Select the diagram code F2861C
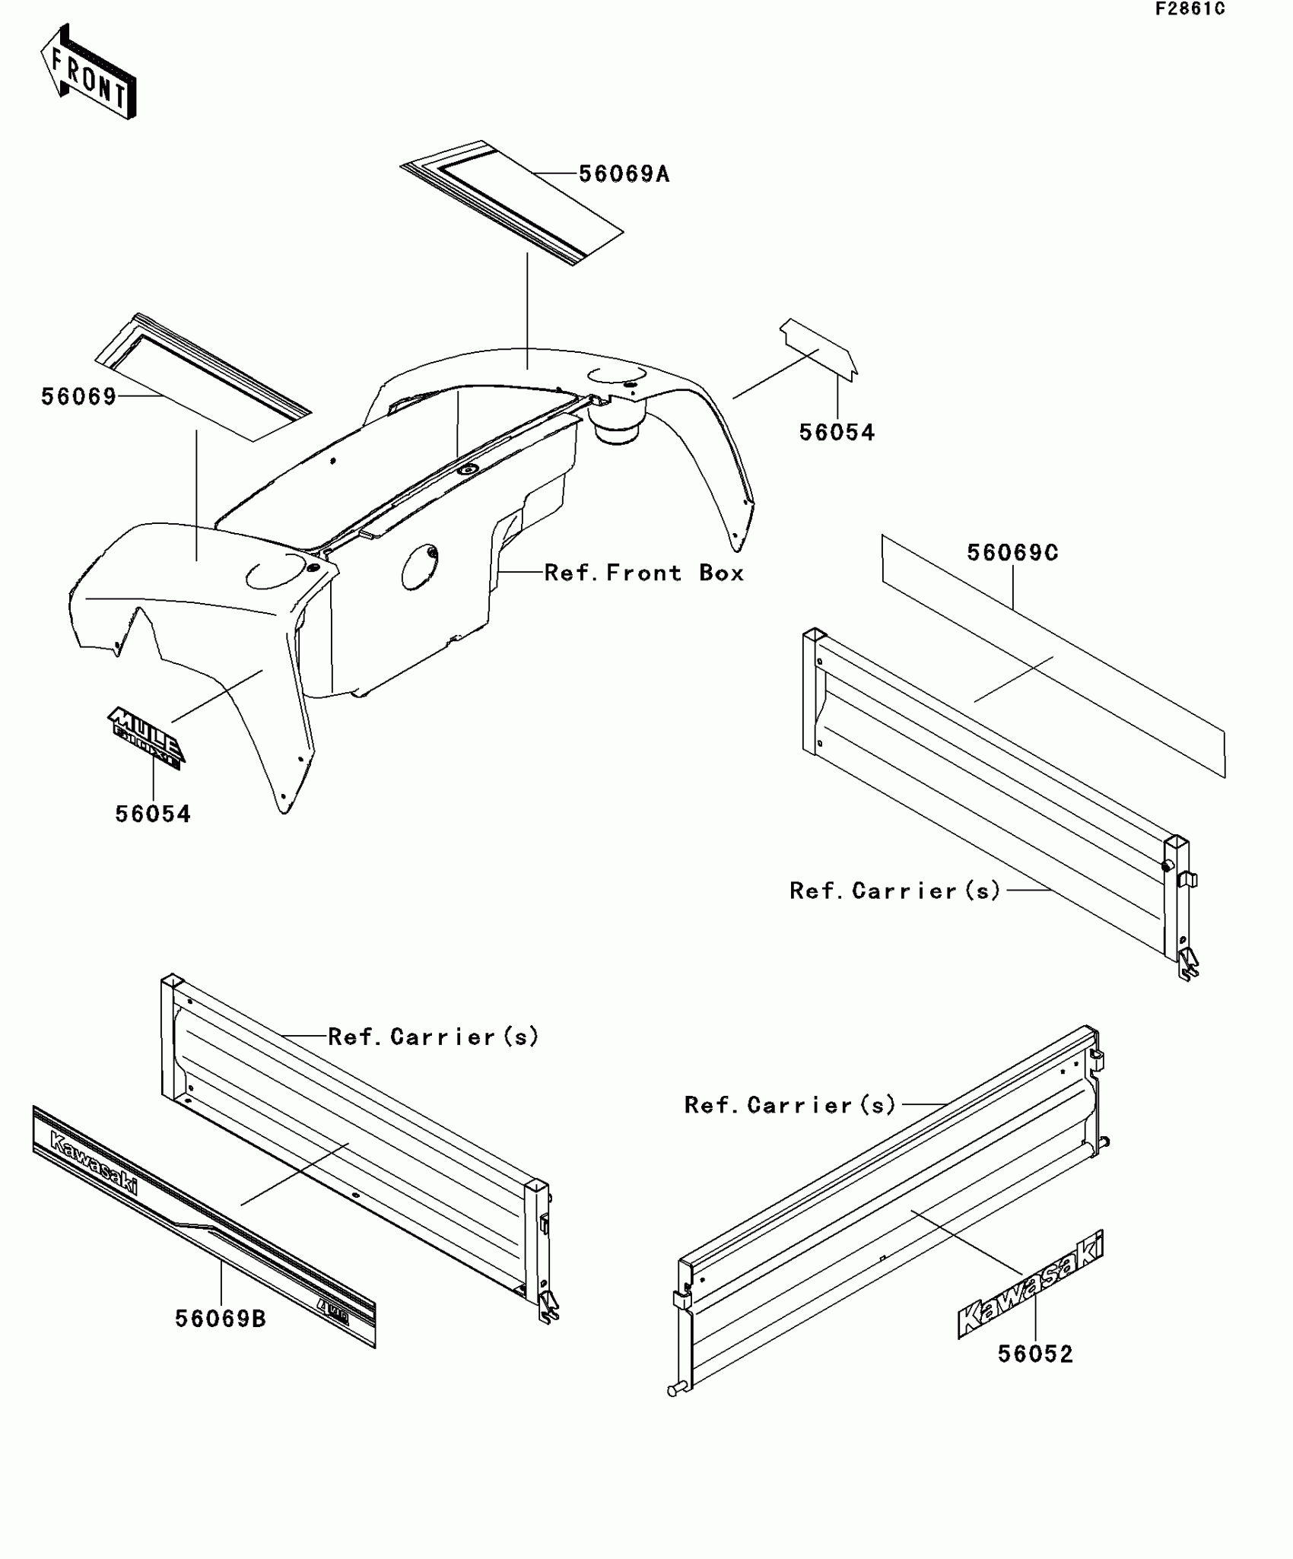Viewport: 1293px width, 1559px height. point(1190,9)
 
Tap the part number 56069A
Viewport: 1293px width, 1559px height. point(624,174)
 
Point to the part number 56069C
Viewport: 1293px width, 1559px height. point(1012,553)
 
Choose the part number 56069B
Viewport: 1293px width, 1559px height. point(221,1318)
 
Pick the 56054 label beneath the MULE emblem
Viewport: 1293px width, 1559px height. point(153,814)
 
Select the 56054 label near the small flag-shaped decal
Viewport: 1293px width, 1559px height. point(837,432)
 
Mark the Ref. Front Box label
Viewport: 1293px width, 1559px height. point(643,573)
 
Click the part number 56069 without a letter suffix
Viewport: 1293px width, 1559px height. point(78,396)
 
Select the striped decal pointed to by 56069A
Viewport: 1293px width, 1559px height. point(511,202)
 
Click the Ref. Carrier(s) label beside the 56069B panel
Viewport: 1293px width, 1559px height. point(433,1037)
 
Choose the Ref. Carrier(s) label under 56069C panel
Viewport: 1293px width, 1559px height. point(894,891)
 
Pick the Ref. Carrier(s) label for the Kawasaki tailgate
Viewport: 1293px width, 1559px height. point(790,1105)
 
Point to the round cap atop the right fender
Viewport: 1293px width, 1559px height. point(617,375)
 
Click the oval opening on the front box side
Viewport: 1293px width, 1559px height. point(419,567)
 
